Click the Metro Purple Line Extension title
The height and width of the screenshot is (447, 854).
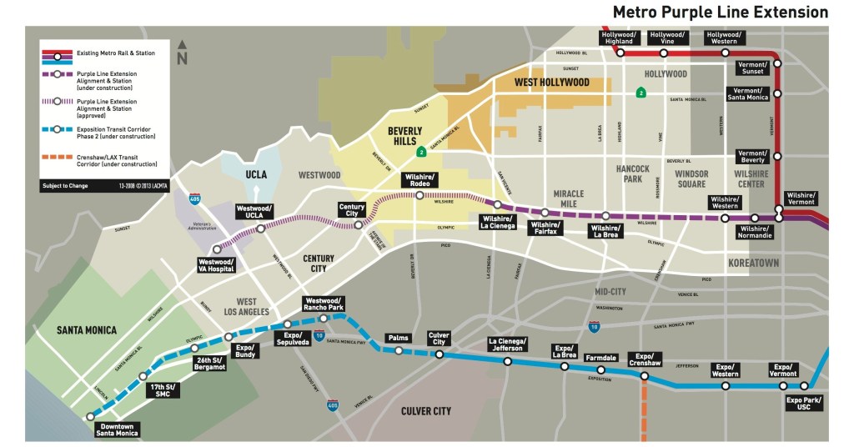[x=720, y=13]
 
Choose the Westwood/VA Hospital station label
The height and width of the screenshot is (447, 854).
[x=217, y=265]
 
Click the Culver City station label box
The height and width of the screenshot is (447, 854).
[x=439, y=339]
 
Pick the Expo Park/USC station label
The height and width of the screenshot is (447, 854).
[x=805, y=404]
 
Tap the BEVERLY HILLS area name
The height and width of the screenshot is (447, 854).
[x=404, y=136]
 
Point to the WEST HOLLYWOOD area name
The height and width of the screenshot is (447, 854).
[x=551, y=83]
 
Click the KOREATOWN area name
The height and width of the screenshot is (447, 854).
[x=753, y=263]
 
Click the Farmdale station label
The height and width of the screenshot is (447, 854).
[x=600, y=358]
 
